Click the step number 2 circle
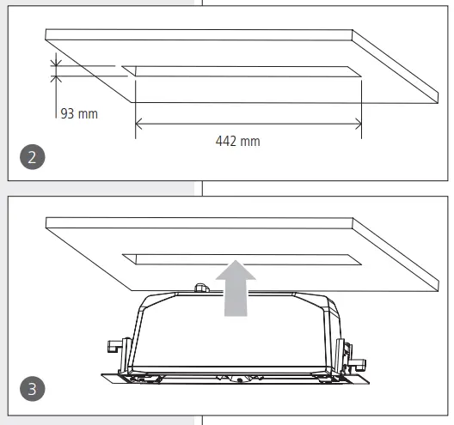31,158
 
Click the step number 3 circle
31,387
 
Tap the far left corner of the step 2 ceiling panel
46,33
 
